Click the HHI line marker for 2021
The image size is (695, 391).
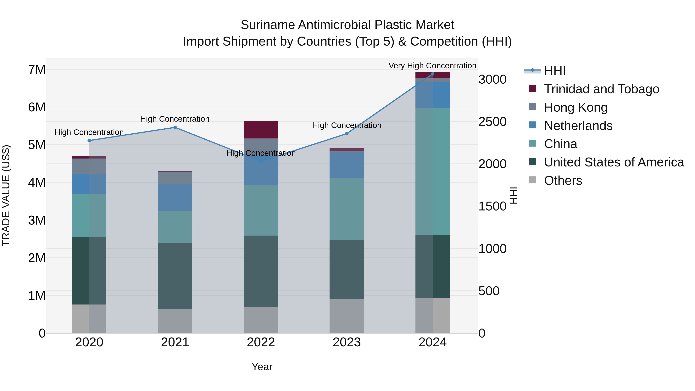[x=175, y=127]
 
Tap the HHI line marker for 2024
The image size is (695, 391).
[x=432, y=74]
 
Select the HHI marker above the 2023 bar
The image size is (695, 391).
[x=347, y=134]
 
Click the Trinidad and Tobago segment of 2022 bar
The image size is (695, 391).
[x=261, y=130]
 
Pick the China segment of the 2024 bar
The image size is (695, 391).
[x=432, y=171]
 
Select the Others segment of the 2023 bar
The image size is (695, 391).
[x=347, y=316]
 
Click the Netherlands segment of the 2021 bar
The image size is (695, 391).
[x=175, y=198]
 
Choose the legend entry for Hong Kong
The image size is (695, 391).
[x=575, y=107]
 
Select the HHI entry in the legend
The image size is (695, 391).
[x=554, y=71]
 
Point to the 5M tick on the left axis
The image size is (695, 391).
[x=37, y=145]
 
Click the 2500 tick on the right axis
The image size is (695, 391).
[x=492, y=122]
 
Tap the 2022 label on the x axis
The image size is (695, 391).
[x=261, y=342]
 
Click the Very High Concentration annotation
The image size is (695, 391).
[x=432, y=66]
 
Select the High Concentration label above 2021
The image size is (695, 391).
[x=175, y=119]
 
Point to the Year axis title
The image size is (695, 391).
[x=262, y=367]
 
